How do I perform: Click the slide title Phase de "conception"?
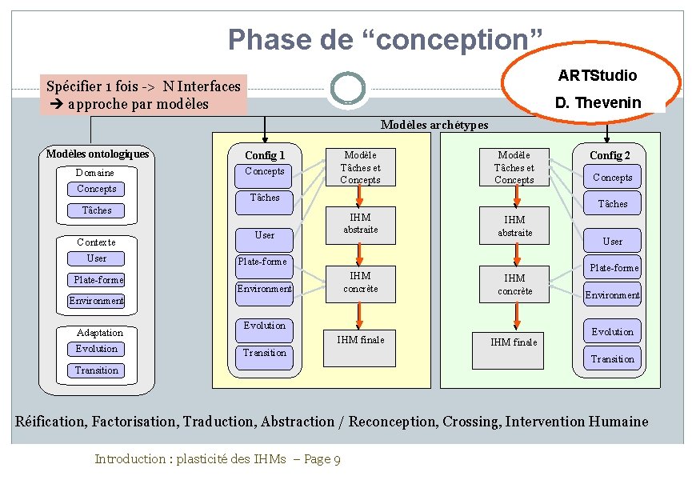click(x=386, y=39)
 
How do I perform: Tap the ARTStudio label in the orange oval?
click(x=597, y=75)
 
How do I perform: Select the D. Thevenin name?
click(x=598, y=102)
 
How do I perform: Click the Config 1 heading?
click(x=265, y=155)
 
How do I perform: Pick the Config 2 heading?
click(x=610, y=155)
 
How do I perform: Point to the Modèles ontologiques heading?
click(x=97, y=154)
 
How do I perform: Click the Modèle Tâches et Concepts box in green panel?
click(x=514, y=168)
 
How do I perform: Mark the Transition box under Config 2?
click(x=612, y=359)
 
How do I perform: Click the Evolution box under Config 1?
click(x=264, y=326)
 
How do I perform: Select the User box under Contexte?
click(x=97, y=258)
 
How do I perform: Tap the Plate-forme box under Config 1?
click(x=262, y=262)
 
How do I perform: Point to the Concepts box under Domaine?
click(x=97, y=190)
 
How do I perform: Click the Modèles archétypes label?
click(x=434, y=125)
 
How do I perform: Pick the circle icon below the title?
click(x=347, y=89)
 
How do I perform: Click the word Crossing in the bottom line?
click(x=470, y=422)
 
